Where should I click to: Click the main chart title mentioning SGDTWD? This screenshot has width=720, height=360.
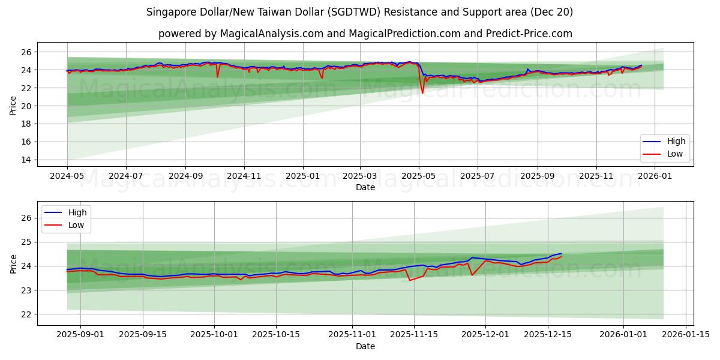click(359, 12)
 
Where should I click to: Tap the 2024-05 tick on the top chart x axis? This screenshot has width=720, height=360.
click(67, 176)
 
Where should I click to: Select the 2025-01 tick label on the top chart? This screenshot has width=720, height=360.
click(302, 176)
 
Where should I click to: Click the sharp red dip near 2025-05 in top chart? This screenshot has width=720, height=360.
click(422, 92)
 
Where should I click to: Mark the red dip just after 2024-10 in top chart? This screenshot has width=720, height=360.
click(217, 77)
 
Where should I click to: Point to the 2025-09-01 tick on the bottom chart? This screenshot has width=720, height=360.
click(81, 335)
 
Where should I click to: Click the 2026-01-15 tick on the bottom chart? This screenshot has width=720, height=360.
click(686, 335)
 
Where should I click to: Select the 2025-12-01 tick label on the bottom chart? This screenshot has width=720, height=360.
click(485, 335)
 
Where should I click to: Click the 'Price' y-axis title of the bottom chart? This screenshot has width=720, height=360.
click(13, 263)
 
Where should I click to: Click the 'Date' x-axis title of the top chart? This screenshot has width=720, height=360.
click(365, 187)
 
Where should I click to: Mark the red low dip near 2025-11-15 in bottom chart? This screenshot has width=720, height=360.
click(410, 280)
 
